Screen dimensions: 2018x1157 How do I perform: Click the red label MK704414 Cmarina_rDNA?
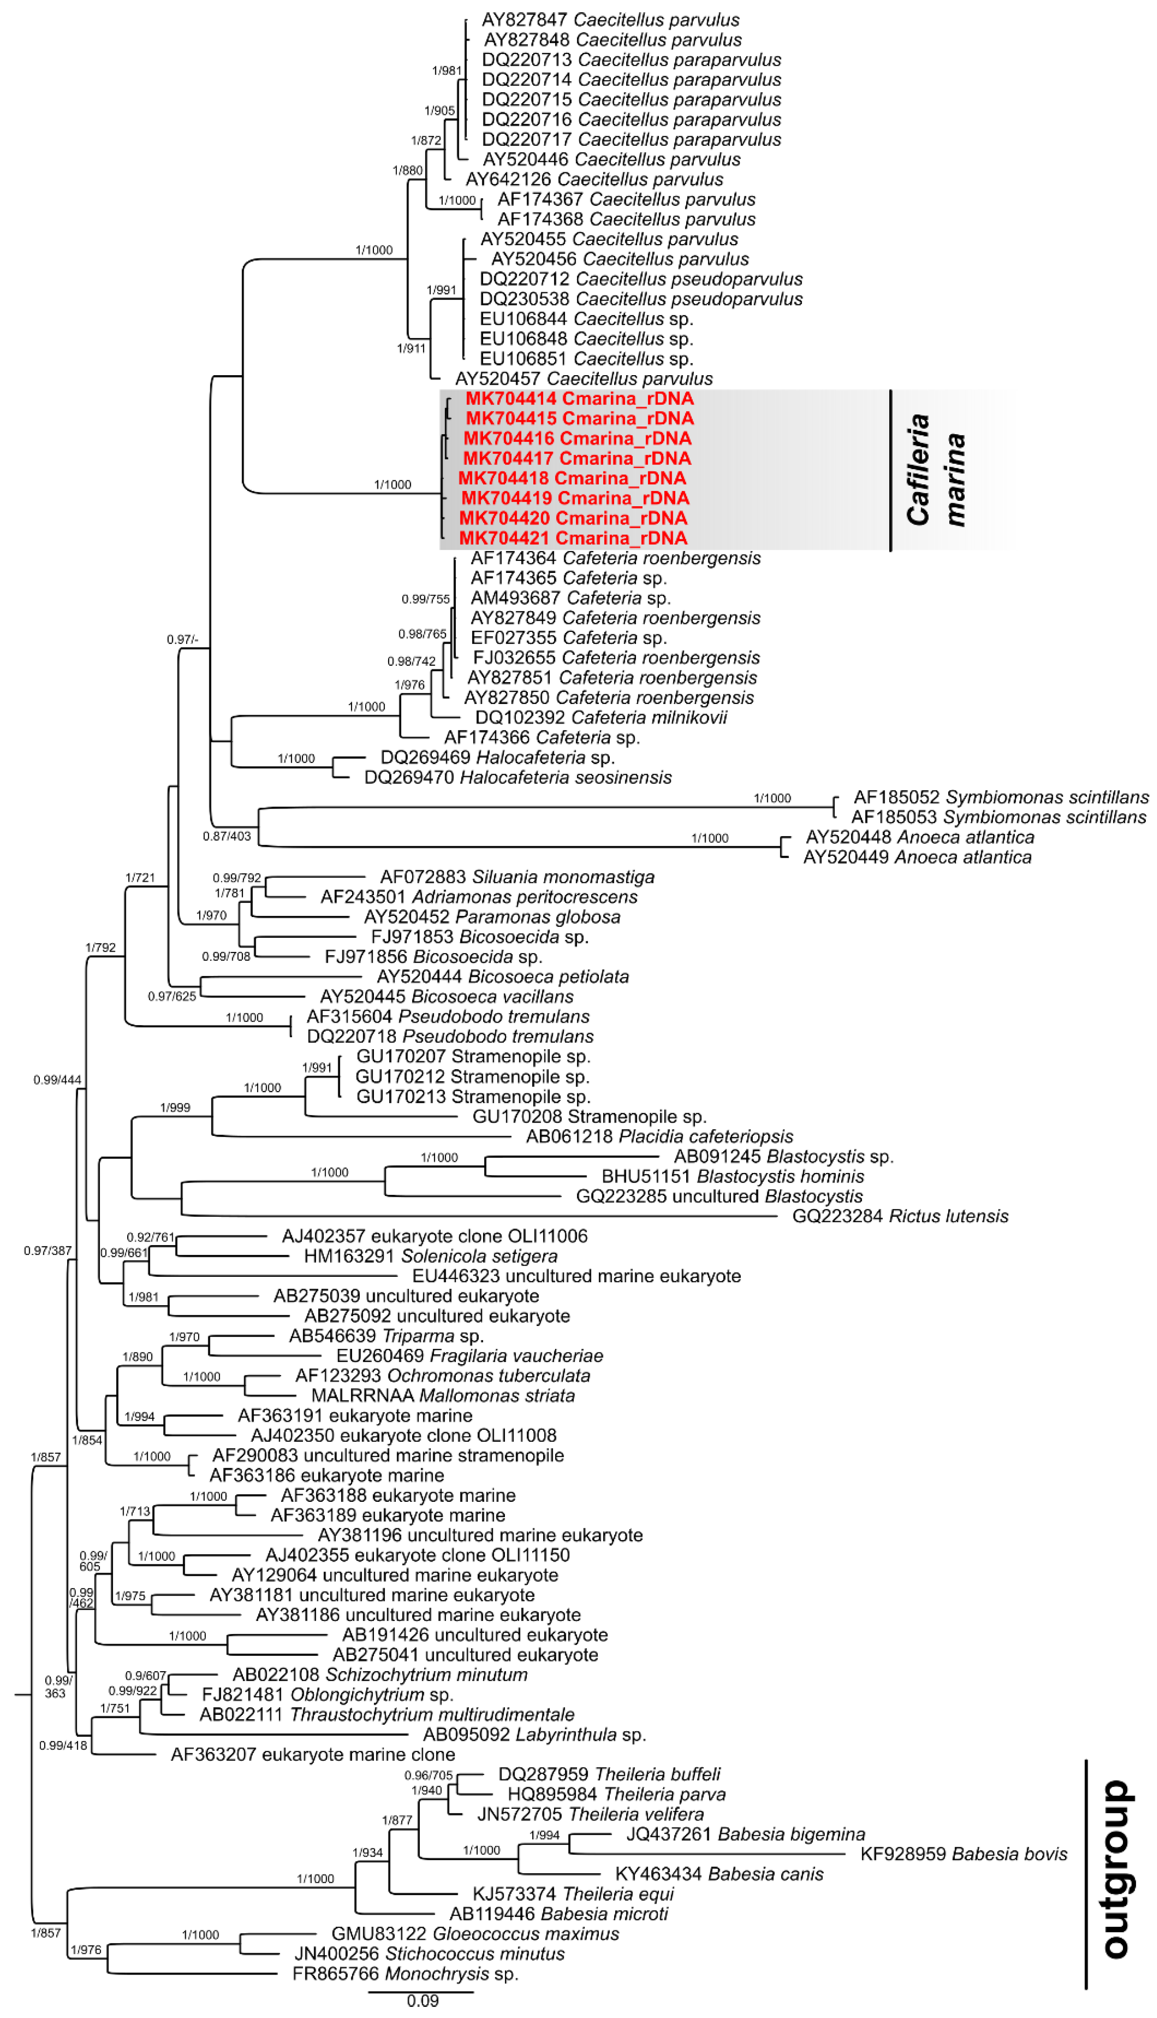579,399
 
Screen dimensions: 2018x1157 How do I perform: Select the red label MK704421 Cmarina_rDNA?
573,538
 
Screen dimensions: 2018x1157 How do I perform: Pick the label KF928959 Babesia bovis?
963,1854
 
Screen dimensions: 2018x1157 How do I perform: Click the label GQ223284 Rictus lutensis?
900,1216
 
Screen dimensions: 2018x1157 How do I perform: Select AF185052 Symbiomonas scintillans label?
1000,797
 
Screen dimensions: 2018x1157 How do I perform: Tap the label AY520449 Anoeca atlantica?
917,857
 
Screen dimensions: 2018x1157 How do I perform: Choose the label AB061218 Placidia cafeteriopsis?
659,1137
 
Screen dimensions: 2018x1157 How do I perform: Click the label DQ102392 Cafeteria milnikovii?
601,718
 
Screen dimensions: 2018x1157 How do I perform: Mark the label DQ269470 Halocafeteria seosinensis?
517,777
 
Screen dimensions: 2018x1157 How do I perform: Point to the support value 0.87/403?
226,836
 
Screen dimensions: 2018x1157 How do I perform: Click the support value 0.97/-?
183,640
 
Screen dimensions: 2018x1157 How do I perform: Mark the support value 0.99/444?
57,1080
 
